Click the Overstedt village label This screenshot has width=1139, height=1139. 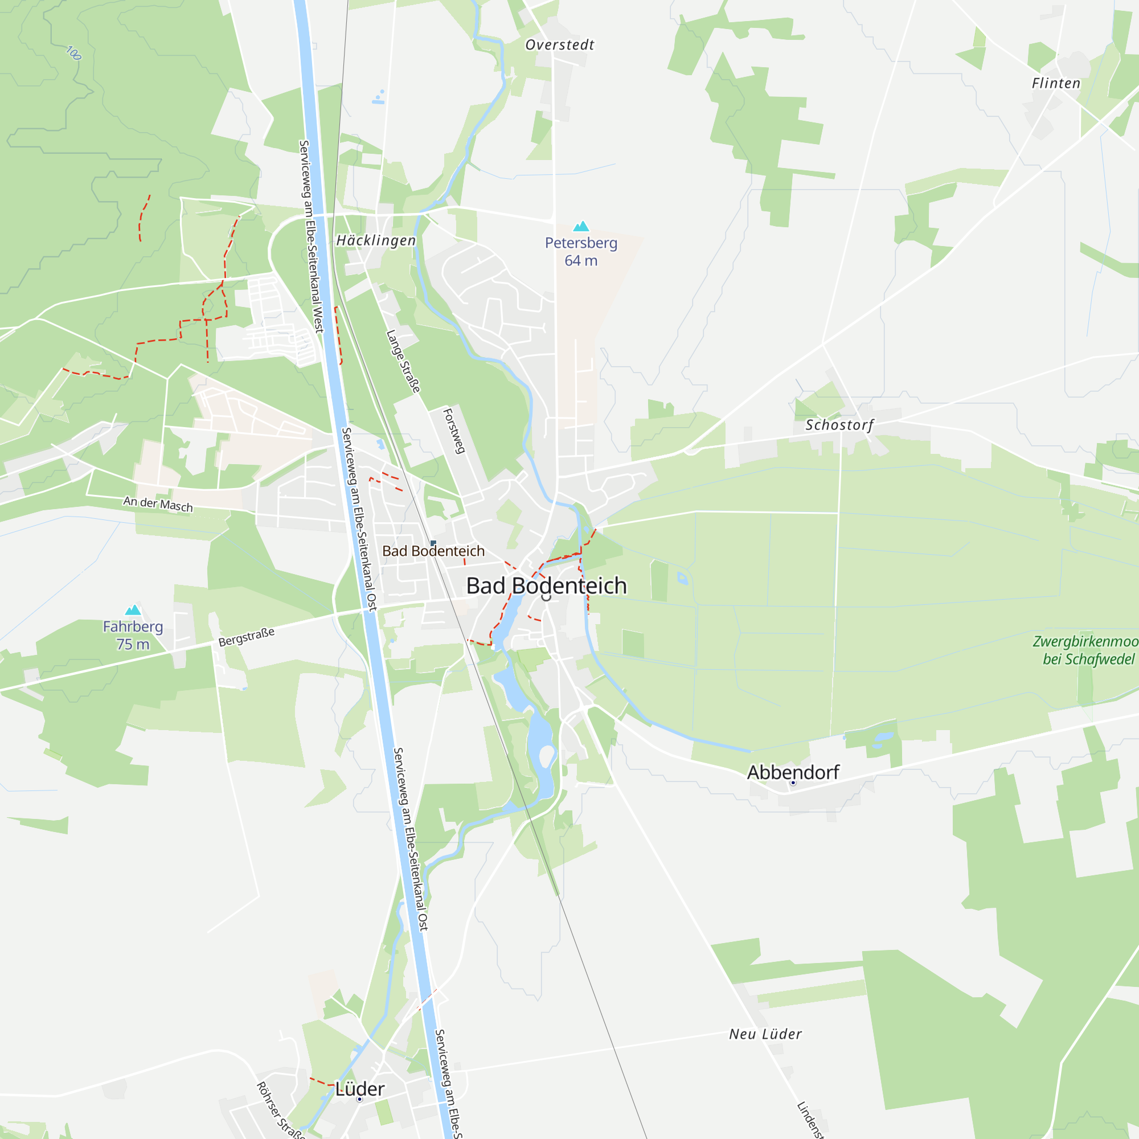pos(559,45)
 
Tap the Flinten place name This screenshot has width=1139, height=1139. pos(1056,83)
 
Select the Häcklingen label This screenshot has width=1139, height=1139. pos(376,240)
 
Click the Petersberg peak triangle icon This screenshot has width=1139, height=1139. pos(581,227)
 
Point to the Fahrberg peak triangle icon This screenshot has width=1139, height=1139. pos(133,610)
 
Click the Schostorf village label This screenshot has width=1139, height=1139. pos(839,424)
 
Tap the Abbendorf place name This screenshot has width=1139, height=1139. pos(793,772)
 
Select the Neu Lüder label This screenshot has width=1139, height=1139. pos(765,1034)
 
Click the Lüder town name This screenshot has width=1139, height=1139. pos(359,1089)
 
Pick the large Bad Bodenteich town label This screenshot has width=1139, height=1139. pos(547,585)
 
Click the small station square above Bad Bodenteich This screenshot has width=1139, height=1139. pos(433,543)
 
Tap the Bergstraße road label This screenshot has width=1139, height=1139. pos(247,637)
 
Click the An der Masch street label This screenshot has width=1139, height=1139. pos(158,503)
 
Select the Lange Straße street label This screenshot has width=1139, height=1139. pos(404,362)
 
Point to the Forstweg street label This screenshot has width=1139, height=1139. pos(454,431)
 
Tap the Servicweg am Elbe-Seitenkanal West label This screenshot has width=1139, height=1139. pos(312,236)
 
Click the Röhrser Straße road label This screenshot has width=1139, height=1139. pos(281,1109)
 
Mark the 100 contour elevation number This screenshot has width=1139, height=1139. pos(73,53)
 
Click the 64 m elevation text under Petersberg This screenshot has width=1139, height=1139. pos(581,261)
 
